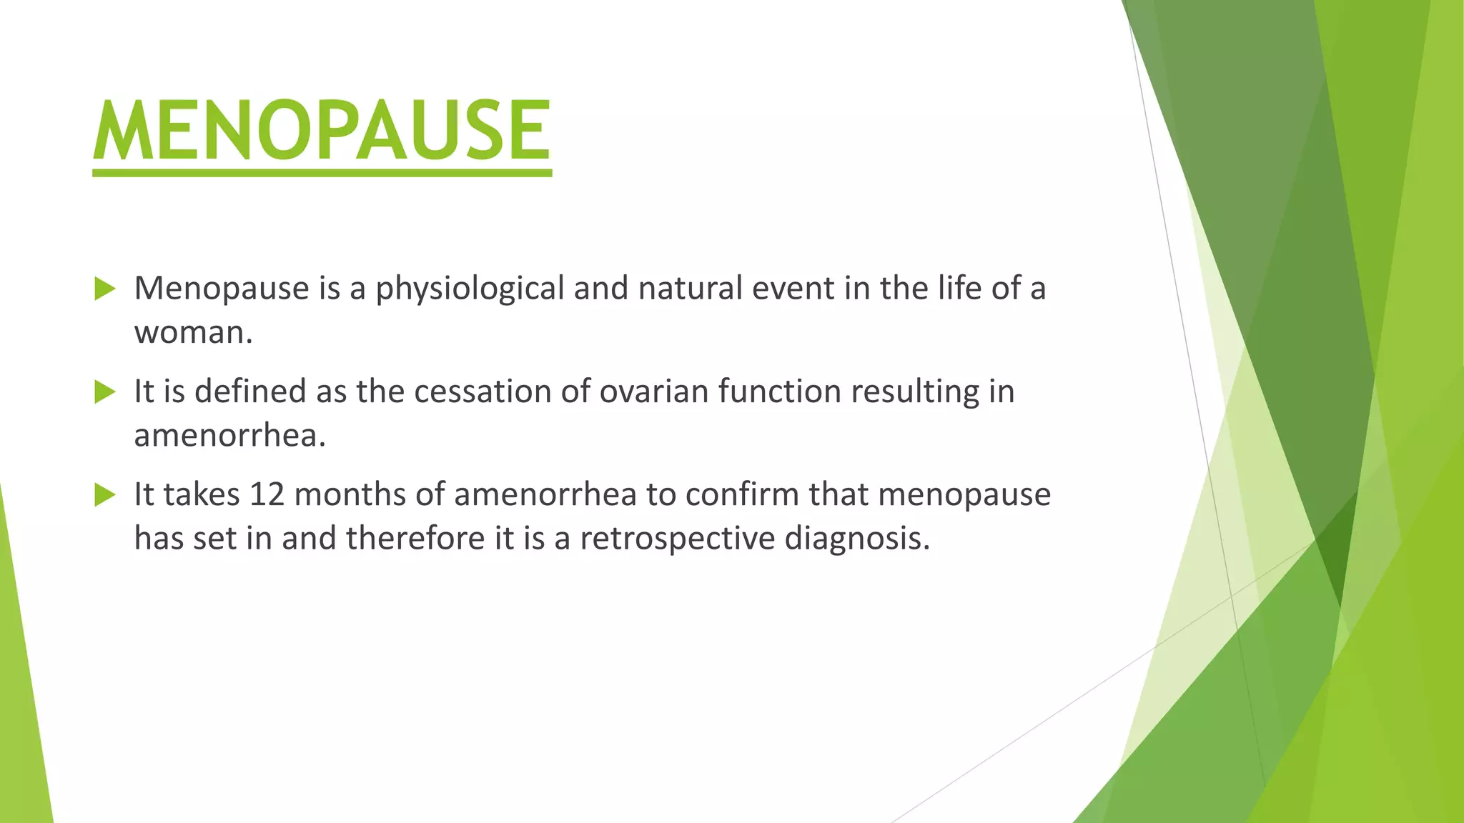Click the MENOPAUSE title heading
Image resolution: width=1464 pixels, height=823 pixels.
click(322, 130)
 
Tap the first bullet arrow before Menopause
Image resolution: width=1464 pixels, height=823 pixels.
click(104, 289)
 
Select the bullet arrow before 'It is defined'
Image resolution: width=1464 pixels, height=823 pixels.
click(104, 392)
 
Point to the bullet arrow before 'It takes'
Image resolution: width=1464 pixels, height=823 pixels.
click(104, 495)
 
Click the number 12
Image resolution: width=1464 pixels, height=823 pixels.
click(267, 494)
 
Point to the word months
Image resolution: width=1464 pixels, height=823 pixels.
click(348, 494)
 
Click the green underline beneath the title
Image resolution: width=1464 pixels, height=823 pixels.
click(322, 173)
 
